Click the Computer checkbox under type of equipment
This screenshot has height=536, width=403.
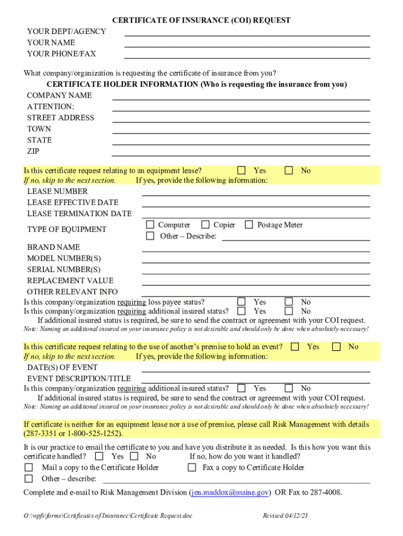(x=150, y=225)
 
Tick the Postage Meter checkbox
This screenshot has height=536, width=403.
(x=249, y=225)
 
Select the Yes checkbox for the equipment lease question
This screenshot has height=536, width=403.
(x=241, y=171)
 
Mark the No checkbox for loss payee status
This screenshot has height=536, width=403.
(x=288, y=302)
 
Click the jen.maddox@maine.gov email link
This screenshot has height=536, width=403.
(x=230, y=493)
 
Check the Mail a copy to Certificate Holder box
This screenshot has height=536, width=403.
(x=29, y=467)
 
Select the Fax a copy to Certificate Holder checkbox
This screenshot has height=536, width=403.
(x=192, y=467)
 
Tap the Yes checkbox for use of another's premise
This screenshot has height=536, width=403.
(x=295, y=347)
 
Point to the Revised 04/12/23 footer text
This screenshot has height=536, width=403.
(x=285, y=516)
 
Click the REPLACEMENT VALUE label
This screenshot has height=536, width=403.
(x=70, y=281)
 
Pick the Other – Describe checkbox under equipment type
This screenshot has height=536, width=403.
(x=150, y=236)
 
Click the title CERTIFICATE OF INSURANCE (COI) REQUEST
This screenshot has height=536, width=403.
(x=201, y=20)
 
